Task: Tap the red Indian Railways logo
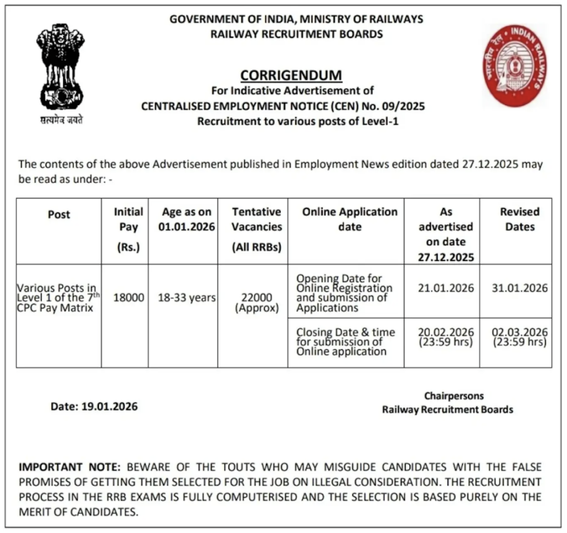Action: coord(516,65)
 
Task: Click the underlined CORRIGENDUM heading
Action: coord(291,75)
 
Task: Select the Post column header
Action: coord(59,214)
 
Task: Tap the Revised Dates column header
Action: coord(519,219)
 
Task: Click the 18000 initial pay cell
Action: coord(128,297)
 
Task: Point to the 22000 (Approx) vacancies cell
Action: coord(256,303)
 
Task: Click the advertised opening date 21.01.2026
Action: coord(446,288)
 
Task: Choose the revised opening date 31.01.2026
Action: coord(519,288)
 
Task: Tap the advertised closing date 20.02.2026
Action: coord(446,332)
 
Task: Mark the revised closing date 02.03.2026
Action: coord(519,332)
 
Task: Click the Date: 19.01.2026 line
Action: coord(94,407)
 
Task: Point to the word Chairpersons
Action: coord(453,396)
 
